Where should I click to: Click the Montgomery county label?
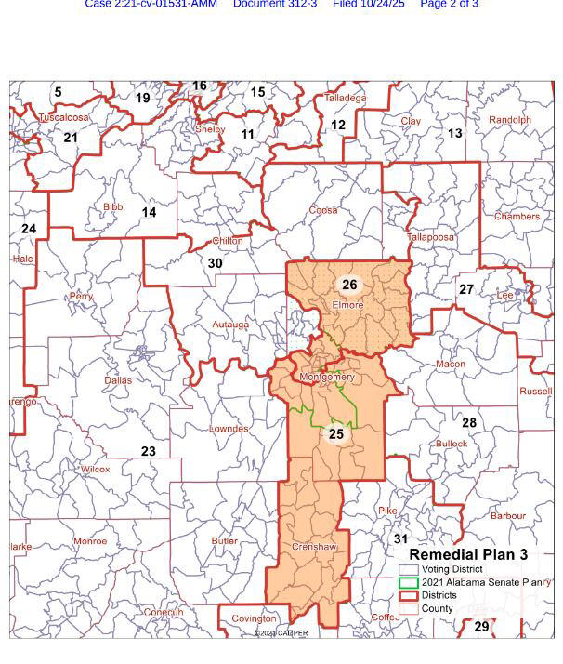(327, 378)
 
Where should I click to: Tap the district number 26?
(349, 286)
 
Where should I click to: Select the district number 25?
(336, 434)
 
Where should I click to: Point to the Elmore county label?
(347, 304)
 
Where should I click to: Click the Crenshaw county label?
(314, 547)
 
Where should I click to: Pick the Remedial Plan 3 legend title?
(468, 554)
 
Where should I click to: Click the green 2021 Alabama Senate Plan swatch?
(409, 582)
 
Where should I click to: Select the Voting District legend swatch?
(409, 569)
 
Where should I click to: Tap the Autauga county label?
(230, 325)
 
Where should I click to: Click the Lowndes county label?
(229, 429)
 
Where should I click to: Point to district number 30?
(215, 263)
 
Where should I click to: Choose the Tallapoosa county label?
(431, 237)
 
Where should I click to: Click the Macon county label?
(451, 364)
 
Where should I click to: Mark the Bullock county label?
(452, 444)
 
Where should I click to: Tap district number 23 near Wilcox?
(149, 451)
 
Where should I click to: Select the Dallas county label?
(118, 380)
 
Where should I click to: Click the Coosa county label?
(322, 210)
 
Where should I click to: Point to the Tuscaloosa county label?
(63, 118)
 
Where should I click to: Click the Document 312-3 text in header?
(274, 5)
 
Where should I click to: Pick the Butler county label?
(225, 540)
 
